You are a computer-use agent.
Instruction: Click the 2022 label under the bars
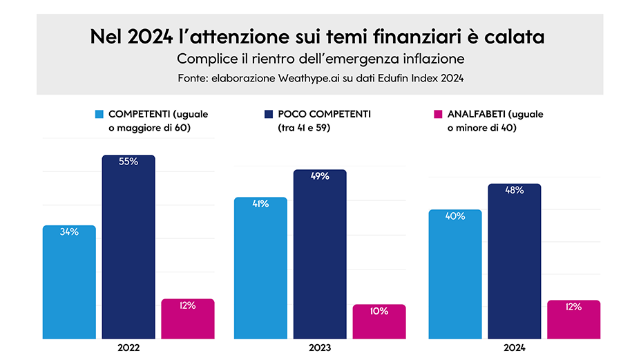[x=128, y=348]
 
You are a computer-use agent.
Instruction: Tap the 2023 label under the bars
[x=320, y=348]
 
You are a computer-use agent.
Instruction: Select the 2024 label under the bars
[x=515, y=348]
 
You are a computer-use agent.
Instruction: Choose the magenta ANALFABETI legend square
[x=435, y=114]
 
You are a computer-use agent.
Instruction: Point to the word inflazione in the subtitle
[x=432, y=57]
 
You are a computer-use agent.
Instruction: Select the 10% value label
[x=379, y=311]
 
